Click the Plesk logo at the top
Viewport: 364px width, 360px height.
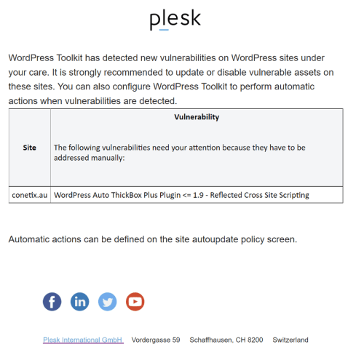(175, 20)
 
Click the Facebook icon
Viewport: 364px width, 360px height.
(52, 301)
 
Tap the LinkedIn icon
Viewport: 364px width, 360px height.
(79, 301)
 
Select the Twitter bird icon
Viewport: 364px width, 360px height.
(107, 301)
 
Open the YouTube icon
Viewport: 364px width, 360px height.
(135, 301)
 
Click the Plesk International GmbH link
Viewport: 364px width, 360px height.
(83, 340)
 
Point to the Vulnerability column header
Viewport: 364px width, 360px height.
(197, 117)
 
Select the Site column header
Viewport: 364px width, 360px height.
(29, 148)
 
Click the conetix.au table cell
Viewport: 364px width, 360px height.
(30, 195)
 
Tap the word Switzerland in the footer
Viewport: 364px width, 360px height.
(290, 340)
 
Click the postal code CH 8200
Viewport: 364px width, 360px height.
(249, 340)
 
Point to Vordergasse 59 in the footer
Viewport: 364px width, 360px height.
(156, 340)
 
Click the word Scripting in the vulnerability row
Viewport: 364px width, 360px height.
(293, 195)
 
